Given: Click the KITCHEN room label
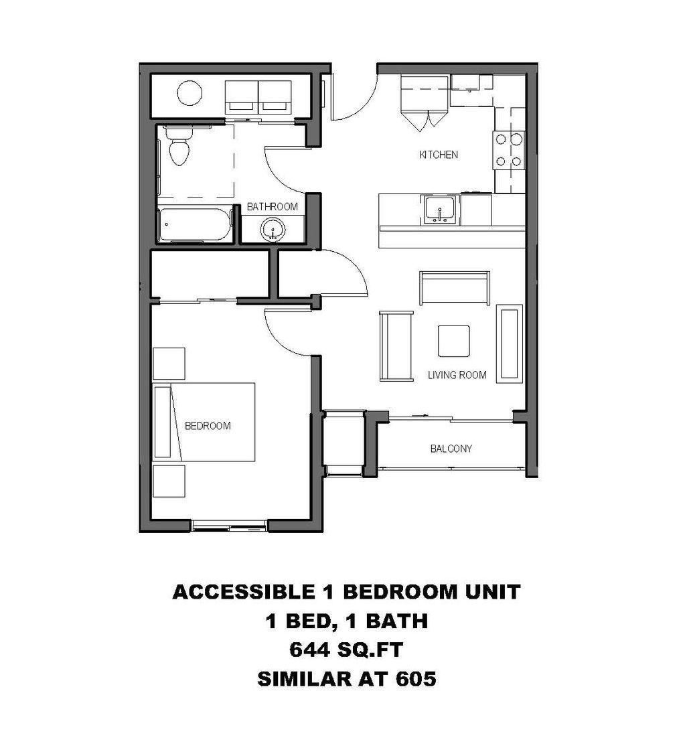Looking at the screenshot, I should point(439,155).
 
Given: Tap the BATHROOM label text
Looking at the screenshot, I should point(272,207).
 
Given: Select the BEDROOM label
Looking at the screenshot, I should point(208,426).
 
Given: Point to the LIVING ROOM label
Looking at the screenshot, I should point(457,375).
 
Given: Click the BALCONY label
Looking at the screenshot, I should point(451,449).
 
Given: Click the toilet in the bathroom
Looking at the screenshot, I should point(179,147).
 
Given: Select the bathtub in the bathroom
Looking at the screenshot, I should point(194,225).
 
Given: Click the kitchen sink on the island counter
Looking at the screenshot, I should point(439,209).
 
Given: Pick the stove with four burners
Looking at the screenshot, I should point(508,150).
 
